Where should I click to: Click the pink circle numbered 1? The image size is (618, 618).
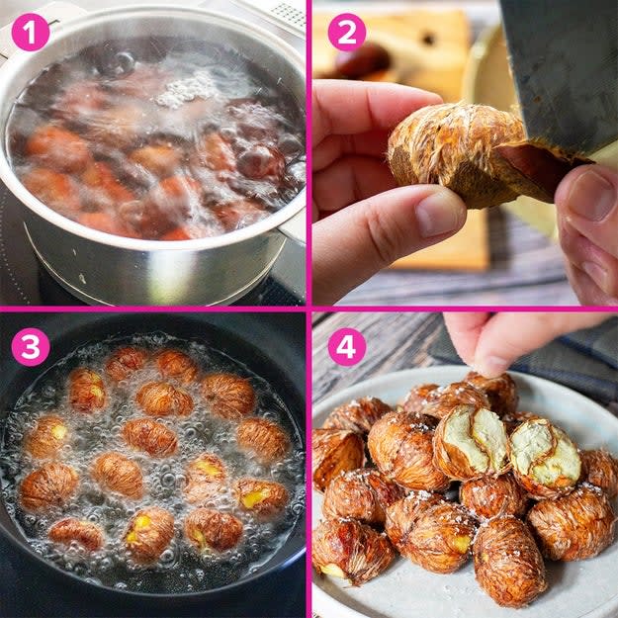tap(31, 33)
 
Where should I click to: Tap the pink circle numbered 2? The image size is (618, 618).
tap(347, 33)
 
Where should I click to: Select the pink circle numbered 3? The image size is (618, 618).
tap(31, 347)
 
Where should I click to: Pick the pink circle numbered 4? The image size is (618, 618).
tap(347, 347)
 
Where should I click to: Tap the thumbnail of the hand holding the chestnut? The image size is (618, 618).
tap(439, 214)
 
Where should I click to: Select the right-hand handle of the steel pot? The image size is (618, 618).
tap(293, 224)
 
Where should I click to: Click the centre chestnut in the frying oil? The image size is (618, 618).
tap(149, 437)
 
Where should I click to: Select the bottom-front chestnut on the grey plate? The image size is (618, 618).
tap(509, 564)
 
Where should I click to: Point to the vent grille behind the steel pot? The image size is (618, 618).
tap(291, 15)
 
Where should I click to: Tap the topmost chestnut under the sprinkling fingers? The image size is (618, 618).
tap(492, 391)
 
